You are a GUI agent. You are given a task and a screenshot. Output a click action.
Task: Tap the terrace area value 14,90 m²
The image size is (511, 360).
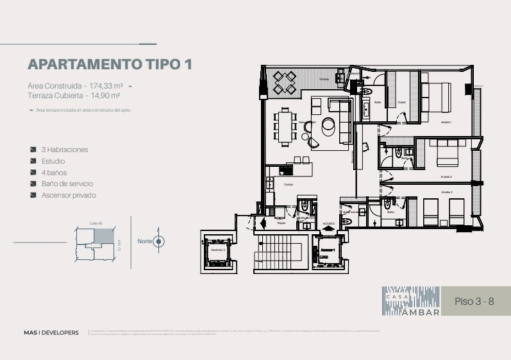pos(105,96)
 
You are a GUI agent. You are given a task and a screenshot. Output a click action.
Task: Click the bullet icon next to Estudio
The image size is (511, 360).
pos(33,161)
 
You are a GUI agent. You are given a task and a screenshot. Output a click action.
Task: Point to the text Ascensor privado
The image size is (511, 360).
pos(69,195)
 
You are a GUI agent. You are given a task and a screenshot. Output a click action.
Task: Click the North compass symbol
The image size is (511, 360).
pos(158,241)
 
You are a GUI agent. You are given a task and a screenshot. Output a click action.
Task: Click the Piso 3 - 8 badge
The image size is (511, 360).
pos(474,301)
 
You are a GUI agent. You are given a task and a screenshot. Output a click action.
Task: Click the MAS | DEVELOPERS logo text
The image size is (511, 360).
pos(51,332)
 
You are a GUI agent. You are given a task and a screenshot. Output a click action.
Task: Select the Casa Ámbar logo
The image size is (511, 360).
pos(411,301)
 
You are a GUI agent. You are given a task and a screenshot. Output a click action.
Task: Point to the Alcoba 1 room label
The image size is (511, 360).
pos(446,122)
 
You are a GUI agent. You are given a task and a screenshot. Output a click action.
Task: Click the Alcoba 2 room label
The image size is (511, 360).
pos(446,176)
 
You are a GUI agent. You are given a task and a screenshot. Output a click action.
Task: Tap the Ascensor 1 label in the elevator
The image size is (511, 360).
pos(328,249)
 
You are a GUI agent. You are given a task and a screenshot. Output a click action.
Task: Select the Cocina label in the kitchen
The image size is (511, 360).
pos(288,184)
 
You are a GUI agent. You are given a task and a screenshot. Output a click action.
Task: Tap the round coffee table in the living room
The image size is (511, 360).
pos(330,125)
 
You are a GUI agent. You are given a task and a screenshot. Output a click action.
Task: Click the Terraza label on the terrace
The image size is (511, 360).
pos(324,80)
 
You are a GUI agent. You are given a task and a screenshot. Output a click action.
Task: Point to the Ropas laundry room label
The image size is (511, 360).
pos(281,223)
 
